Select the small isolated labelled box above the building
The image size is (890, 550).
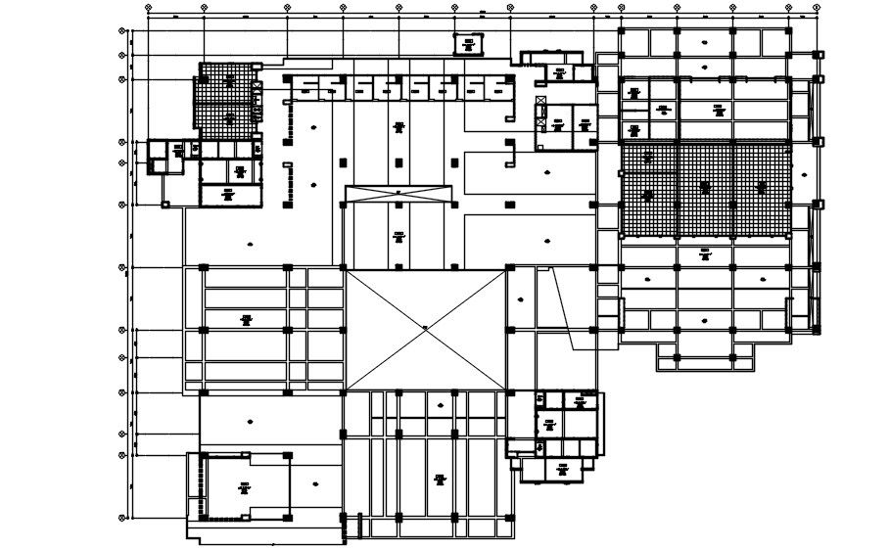(468, 42)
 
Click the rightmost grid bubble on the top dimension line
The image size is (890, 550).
(817, 7)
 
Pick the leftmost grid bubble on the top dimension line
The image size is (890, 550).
(148, 7)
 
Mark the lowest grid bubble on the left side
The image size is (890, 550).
(122, 519)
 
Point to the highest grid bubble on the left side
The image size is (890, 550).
(122, 30)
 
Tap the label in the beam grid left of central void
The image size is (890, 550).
(247, 318)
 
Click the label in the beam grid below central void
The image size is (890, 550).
(440, 479)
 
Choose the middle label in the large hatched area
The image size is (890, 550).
(704, 186)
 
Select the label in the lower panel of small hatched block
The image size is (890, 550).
(231, 117)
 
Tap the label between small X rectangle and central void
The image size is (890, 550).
(399, 235)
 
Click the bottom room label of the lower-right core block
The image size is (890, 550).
(562, 469)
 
